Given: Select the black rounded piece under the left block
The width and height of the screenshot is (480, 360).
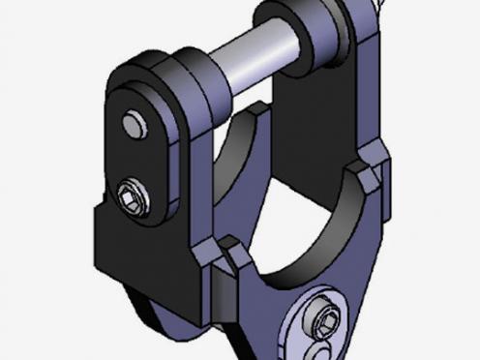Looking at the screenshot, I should point(145,310).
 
